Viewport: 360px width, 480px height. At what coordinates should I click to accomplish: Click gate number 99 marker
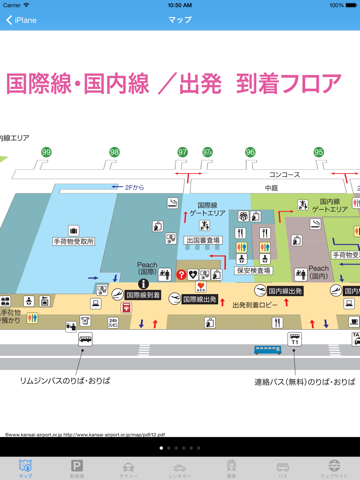(x=46, y=152)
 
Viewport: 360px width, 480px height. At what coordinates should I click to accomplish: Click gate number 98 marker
(x=114, y=152)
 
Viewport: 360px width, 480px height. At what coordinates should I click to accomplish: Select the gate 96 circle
(x=250, y=152)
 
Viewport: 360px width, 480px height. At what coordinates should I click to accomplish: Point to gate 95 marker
(x=319, y=152)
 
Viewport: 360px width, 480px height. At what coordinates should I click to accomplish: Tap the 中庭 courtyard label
(x=271, y=187)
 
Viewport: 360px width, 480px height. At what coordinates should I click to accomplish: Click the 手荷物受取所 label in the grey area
(x=74, y=241)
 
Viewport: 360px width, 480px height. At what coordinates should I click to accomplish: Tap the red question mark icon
(x=181, y=274)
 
